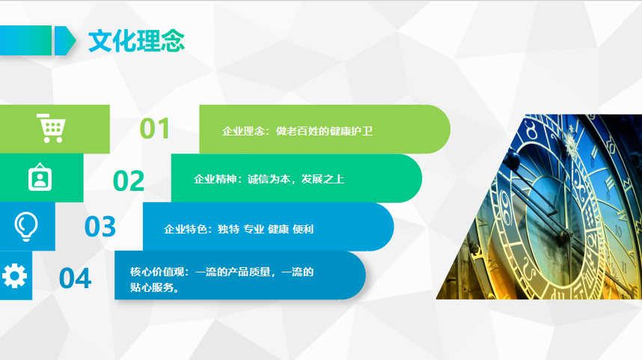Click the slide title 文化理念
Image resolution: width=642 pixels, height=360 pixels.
tap(136, 41)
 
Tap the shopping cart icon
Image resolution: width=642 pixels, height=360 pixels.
tap(51, 128)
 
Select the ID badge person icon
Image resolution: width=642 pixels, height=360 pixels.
tap(40, 177)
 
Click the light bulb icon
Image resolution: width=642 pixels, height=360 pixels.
tap(26, 227)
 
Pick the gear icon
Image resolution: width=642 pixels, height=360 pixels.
tap(14, 275)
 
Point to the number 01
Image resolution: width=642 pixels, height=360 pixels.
tap(155, 129)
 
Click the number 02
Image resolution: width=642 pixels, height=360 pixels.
tap(129, 181)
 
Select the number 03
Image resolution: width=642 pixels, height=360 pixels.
tap(100, 227)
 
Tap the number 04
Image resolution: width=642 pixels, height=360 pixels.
tap(75, 278)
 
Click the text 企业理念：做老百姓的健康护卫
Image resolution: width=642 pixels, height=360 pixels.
tap(297, 131)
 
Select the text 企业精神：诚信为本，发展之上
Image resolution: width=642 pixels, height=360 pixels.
tap(269, 179)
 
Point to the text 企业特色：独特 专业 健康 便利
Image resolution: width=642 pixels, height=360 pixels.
tap(239, 229)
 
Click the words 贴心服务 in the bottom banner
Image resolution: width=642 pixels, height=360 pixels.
tap(151, 287)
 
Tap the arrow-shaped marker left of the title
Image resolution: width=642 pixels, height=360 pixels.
tap(65, 40)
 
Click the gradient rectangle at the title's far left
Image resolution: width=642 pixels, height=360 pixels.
tap(25, 40)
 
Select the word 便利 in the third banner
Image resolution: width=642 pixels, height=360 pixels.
tap(303, 229)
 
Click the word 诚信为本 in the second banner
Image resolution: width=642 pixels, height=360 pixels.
tap(269, 179)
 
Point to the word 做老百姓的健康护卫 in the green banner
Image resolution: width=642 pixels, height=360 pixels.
tap(324, 131)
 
